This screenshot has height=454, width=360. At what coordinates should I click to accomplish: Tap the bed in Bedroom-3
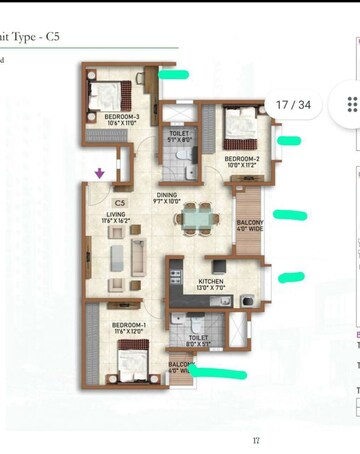coord(105,94)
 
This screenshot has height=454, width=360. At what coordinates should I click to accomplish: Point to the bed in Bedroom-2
coord(239,127)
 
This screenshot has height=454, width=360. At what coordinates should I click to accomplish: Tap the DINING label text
coord(168,196)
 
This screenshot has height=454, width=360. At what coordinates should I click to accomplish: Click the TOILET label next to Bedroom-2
coord(180,134)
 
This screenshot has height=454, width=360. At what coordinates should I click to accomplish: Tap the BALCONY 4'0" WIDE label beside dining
coord(248,225)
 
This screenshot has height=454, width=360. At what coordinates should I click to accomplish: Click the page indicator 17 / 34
coord(294,104)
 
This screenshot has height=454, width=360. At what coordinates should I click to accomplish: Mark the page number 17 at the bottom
coord(256,440)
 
